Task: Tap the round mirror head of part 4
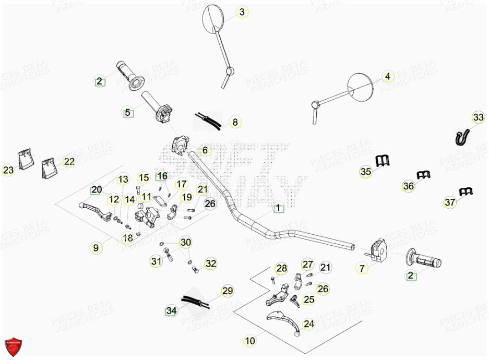pos(361,86)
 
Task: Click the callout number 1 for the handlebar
pos(278,208)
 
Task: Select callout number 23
pos(8,170)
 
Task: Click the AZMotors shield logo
pos(14,346)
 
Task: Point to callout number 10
pos(250,341)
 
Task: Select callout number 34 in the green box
pos(171,311)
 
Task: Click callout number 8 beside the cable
pos(235,123)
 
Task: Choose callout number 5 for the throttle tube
pos(127,112)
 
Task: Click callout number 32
pos(210,264)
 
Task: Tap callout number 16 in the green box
pos(162,176)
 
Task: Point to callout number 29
pos(227,291)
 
